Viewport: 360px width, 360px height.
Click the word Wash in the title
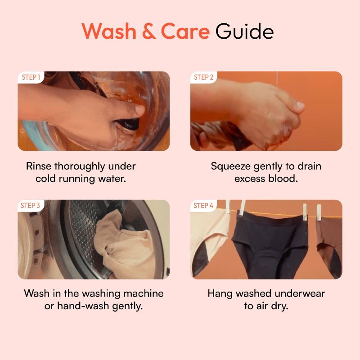pyautogui.click(x=109, y=31)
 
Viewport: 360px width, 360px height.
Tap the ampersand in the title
pyautogui.click(x=149, y=31)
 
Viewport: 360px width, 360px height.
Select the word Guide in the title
pyautogui.click(x=244, y=31)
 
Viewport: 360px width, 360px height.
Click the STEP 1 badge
pyautogui.click(x=31, y=77)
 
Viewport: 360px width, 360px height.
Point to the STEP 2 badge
pyautogui.click(x=204, y=77)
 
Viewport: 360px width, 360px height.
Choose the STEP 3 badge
pyautogui.click(x=30, y=205)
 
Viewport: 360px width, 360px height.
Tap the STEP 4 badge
pyautogui.click(x=203, y=205)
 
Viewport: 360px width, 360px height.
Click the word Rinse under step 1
pyautogui.click(x=38, y=166)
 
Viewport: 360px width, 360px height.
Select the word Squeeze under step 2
pyautogui.click(x=230, y=166)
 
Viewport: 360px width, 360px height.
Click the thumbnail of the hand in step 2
pyautogui.click(x=266, y=111)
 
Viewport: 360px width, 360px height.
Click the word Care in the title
pyautogui.click(x=185, y=31)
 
